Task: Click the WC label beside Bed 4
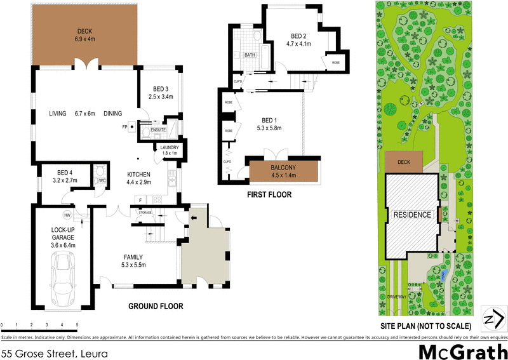[102, 180]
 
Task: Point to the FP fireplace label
[125, 126]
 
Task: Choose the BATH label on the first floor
[251, 55]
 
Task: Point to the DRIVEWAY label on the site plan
[396, 297]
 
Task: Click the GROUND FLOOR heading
[156, 306]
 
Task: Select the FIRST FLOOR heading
[269, 195]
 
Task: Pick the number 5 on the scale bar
[77, 324]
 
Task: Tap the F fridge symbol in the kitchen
[139, 200]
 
